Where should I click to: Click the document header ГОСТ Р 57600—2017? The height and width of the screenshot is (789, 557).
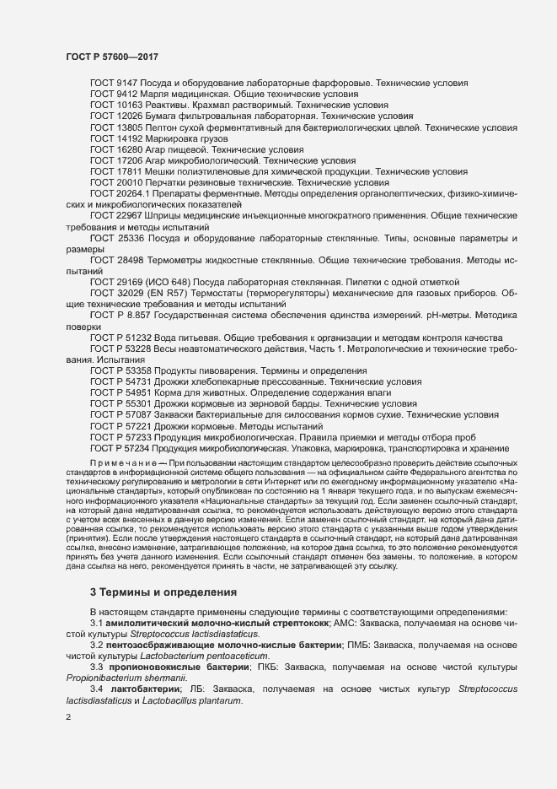pyautogui.click(x=112, y=57)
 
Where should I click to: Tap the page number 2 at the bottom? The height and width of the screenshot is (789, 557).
pyautogui.click(x=68, y=718)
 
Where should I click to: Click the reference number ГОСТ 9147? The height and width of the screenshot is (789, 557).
pyautogui.click(x=117, y=84)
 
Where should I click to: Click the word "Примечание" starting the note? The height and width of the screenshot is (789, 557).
pyautogui.click(x=127, y=463)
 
